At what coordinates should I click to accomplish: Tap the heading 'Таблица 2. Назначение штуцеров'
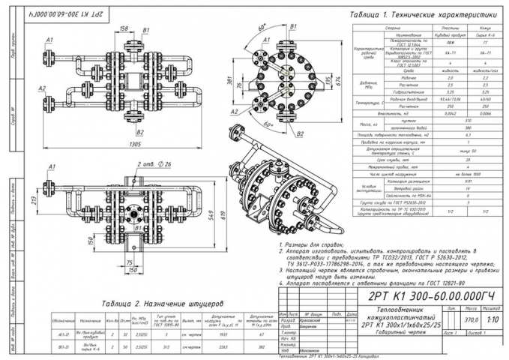[x=139, y=304]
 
